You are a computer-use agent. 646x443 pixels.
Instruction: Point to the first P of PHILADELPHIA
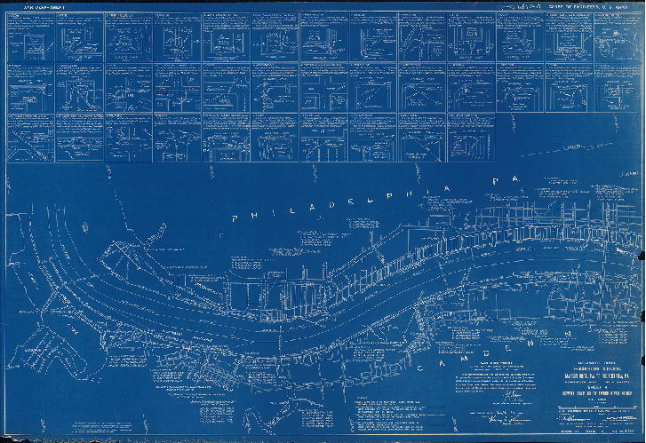(235, 219)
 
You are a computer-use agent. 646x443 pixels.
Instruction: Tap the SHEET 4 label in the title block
(586, 384)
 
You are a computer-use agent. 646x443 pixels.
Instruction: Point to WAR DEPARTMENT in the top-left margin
(39, 6)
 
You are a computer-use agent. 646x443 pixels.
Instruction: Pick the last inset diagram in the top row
(615, 37)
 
